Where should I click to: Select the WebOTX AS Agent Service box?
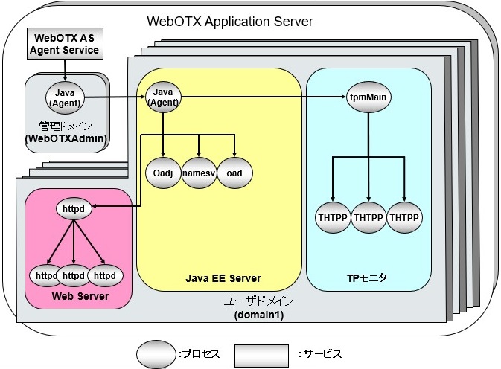(x=63, y=43)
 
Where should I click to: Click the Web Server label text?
(x=80, y=296)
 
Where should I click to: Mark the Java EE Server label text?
(x=223, y=278)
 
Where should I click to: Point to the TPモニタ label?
(x=368, y=278)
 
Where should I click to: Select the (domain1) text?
(x=259, y=315)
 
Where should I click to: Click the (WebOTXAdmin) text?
(x=66, y=138)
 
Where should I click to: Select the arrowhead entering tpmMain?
(x=344, y=97)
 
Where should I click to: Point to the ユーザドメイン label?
(x=259, y=301)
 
